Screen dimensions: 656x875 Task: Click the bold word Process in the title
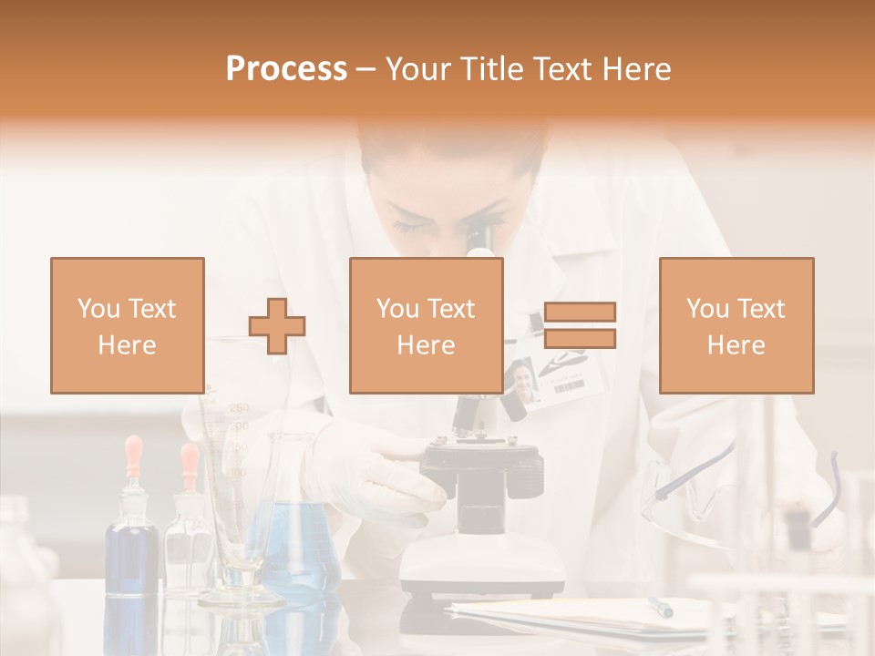coord(286,68)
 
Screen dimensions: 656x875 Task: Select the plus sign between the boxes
coord(277,326)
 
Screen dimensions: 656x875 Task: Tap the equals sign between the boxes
coord(580,325)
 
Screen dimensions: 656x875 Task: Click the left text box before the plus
coord(128,325)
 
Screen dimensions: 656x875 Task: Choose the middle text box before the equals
coord(426,325)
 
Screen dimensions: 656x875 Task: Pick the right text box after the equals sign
coord(736,325)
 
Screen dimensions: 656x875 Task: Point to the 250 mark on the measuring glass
coord(239,408)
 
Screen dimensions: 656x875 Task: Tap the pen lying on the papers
coord(660,607)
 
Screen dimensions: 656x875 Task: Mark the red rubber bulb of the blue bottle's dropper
coord(134,449)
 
